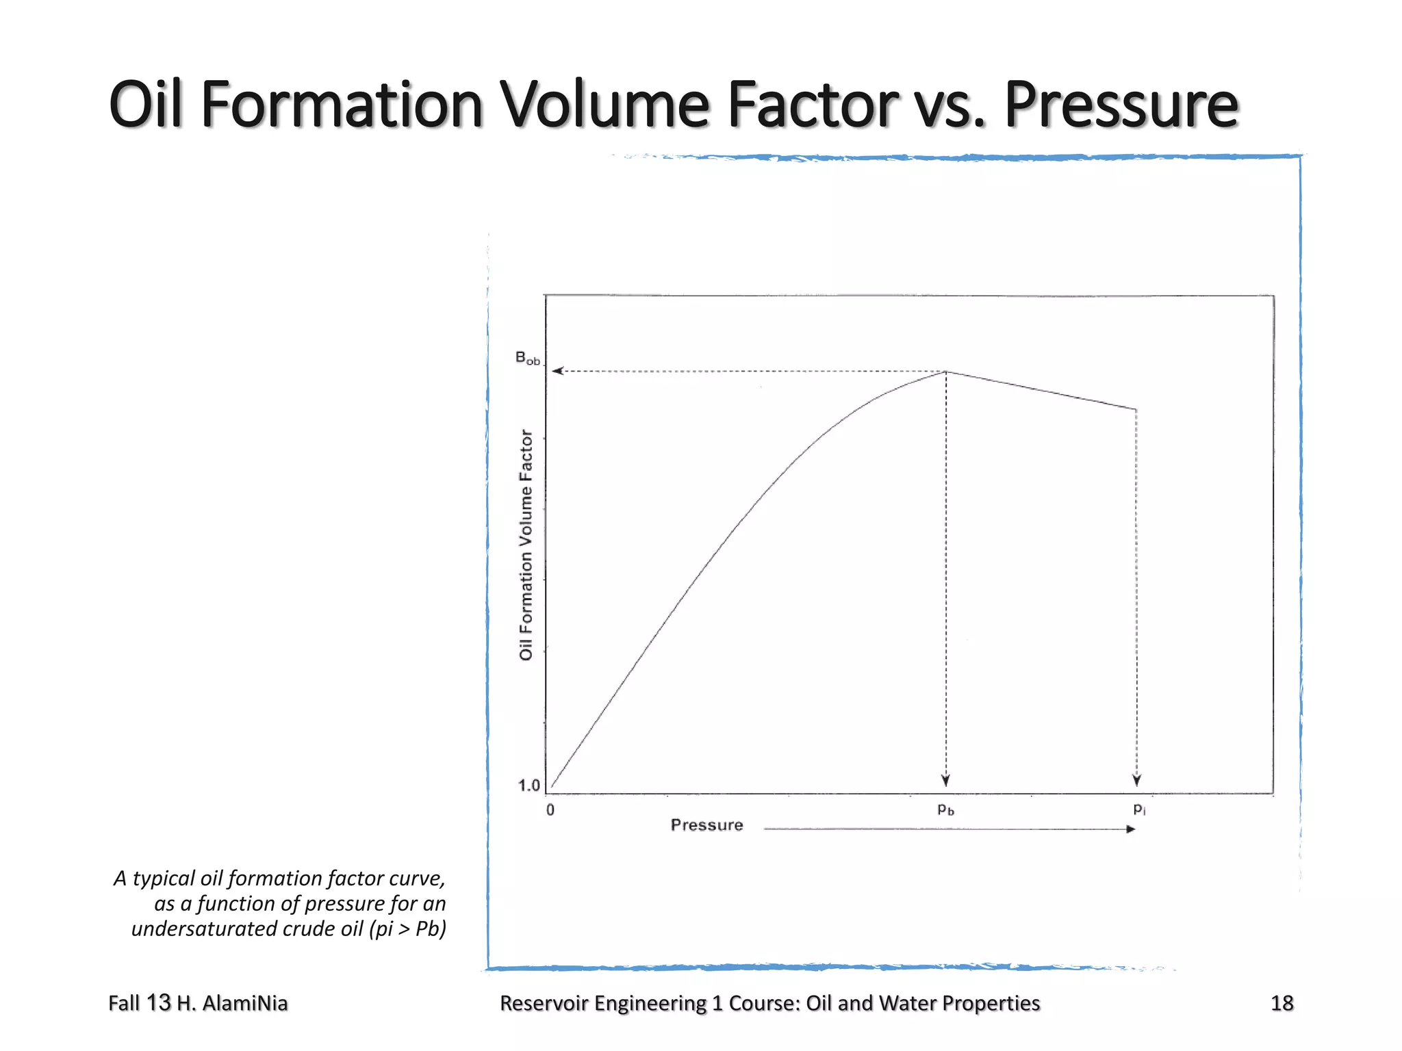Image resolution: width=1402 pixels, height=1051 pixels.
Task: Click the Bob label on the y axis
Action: pyautogui.click(x=527, y=359)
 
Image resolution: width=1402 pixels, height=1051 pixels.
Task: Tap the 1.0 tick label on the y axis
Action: pyautogui.click(x=529, y=786)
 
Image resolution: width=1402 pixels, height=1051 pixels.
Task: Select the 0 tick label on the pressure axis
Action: pyautogui.click(x=550, y=810)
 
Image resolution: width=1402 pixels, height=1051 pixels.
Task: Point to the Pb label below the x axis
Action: pyautogui.click(x=945, y=809)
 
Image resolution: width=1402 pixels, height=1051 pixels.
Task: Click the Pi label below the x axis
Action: pyautogui.click(x=1138, y=809)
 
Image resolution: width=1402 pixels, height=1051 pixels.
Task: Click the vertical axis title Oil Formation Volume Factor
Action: pyautogui.click(x=526, y=545)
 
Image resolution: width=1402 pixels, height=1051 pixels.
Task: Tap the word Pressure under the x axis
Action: pyautogui.click(x=706, y=825)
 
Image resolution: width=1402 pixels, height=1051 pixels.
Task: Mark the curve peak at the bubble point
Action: pyautogui.click(x=946, y=372)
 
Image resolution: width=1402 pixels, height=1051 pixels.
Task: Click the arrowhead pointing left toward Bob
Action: pyautogui.click(x=557, y=371)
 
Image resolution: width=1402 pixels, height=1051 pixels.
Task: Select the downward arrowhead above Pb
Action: pyautogui.click(x=945, y=781)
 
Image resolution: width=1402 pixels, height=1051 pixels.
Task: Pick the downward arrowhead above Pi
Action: pyautogui.click(x=1136, y=781)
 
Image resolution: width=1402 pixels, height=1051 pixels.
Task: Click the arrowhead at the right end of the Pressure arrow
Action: pyautogui.click(x=1130, y=829)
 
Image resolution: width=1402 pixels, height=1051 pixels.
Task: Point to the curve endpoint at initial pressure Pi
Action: pyautogui.click(x=1136, y=410)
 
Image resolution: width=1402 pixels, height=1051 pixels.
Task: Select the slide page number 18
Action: pyautogui.click(x=1282, y=1003)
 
